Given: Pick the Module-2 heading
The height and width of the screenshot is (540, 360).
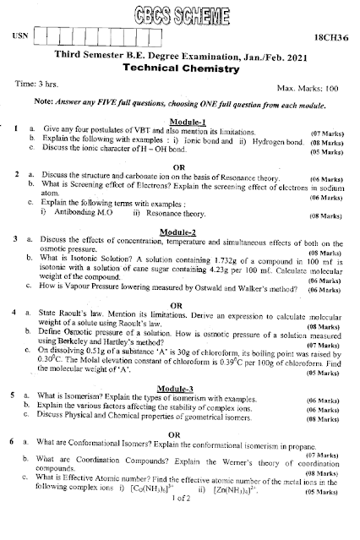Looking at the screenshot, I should (x=181, y=232).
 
